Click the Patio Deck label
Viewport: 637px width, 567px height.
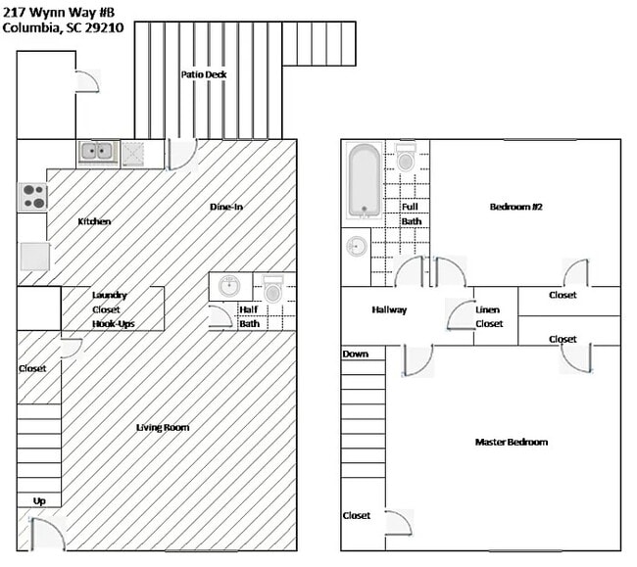click(x=204, y=74)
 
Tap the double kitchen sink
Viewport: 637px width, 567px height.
click(x=97, y=152)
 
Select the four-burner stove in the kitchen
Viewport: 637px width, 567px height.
click(x=32, y=197)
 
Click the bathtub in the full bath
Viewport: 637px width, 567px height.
click(x=364, y=181)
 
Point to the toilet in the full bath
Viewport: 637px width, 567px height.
click(x=405, y=157)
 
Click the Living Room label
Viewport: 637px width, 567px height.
click(x=163, y=427)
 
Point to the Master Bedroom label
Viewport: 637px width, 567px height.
click(x=511, y=442)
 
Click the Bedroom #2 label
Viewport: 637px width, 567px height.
click(x=515, y=207)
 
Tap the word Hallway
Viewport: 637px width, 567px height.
click(x=389, y=310)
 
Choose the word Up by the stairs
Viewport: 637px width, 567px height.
click(x=39, y=500)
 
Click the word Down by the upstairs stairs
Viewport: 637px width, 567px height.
click(x=356, y=354)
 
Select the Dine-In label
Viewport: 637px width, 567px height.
click(x=226, y=207)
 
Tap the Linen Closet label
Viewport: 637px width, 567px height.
click(x=488, y=316)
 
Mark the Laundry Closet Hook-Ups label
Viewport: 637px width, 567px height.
click(x=109, y=308)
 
